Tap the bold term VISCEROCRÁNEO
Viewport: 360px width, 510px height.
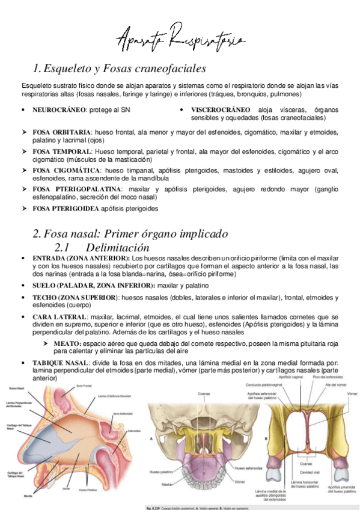click(221, 110)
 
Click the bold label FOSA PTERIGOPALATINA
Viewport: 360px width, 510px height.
click(75, 189)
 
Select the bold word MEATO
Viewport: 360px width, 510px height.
click(74, 343)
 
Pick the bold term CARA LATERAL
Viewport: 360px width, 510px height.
click(58, 315)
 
